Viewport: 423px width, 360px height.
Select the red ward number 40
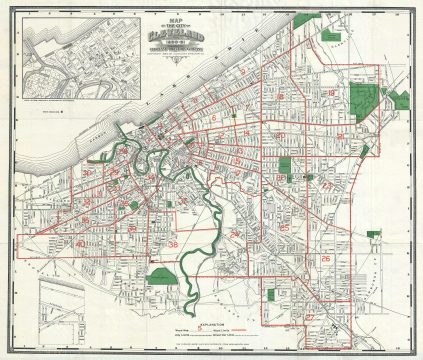78,244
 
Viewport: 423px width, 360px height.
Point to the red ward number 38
172,246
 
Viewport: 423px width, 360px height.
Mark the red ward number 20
281,136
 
